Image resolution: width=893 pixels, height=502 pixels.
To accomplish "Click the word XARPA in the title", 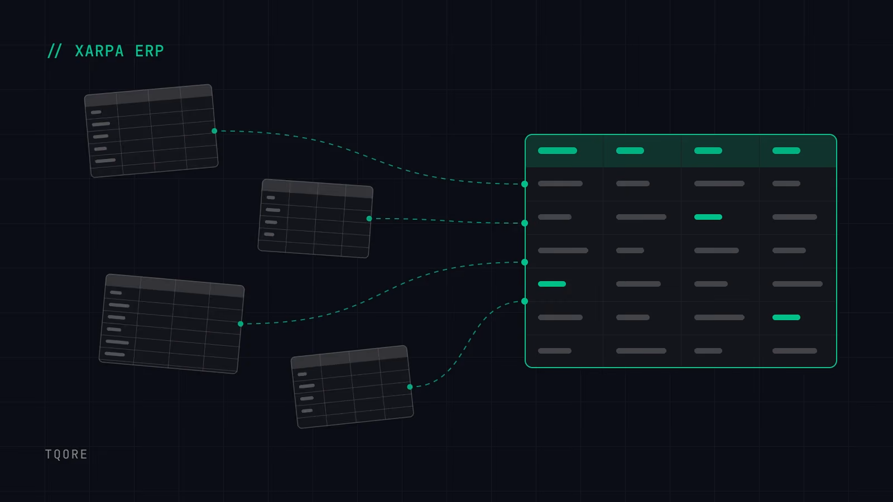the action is (x=99, y=51).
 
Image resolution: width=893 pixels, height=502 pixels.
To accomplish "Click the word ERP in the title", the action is (x=150, y=51).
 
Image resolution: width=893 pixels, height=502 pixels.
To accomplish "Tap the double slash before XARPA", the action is (x=54, y=51).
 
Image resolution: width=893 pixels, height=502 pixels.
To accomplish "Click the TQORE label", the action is (x=66, y=454).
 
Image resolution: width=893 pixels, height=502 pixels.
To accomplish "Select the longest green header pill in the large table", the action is (x=558, y=151).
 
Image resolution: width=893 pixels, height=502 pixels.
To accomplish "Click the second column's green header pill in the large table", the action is (x=630, y=151).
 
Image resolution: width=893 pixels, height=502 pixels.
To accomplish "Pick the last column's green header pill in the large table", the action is (x=786, y=151).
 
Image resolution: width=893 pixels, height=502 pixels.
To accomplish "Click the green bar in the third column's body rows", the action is (x=708, y=217).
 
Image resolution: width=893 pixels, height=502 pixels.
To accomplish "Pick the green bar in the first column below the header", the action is (x=552, y=284).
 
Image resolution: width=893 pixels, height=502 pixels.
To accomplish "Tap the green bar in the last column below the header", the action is (x=786, y=317).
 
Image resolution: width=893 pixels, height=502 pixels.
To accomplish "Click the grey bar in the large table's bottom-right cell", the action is (x=795, y=351).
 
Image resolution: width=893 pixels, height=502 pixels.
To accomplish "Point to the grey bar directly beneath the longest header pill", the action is (x=560, y=184).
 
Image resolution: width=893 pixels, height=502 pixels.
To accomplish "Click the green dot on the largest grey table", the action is (x=241, y=324).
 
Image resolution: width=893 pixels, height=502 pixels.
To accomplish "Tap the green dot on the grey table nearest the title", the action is (x=214, y=131).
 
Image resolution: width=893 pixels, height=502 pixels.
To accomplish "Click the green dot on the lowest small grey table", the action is (x=410, y=387).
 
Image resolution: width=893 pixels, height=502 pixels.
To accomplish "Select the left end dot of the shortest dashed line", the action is (x=369, y=218).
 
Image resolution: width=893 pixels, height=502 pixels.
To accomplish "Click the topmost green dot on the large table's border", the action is (x=525, y=184).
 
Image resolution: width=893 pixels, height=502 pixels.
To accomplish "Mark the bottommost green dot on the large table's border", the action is (x=525, y=301).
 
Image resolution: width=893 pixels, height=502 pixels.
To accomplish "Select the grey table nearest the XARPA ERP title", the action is (x=151, y=131).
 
